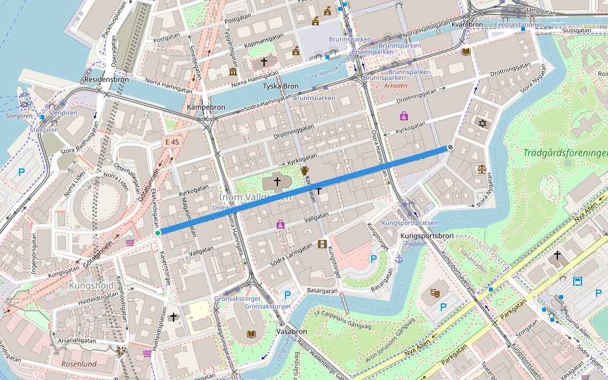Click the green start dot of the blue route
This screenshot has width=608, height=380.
coord(158,233)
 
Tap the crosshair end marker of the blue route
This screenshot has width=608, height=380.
coord(450,148)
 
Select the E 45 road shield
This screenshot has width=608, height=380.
coord(171,142)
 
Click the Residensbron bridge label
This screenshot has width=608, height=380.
coord(106,80)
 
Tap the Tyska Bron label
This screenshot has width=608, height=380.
coord(281,86)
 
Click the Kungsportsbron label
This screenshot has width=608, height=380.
coord(427,236)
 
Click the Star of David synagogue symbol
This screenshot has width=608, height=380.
coord(482,123)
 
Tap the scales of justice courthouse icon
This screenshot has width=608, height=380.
coord(482,170)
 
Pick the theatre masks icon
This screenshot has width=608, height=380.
coord(435,293)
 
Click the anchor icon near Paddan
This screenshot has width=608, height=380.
coord(399,258)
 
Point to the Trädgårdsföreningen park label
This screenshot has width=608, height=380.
coord(565,153)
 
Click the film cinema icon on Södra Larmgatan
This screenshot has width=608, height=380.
coord(323,244)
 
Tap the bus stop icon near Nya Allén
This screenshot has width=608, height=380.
coord(578,281)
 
